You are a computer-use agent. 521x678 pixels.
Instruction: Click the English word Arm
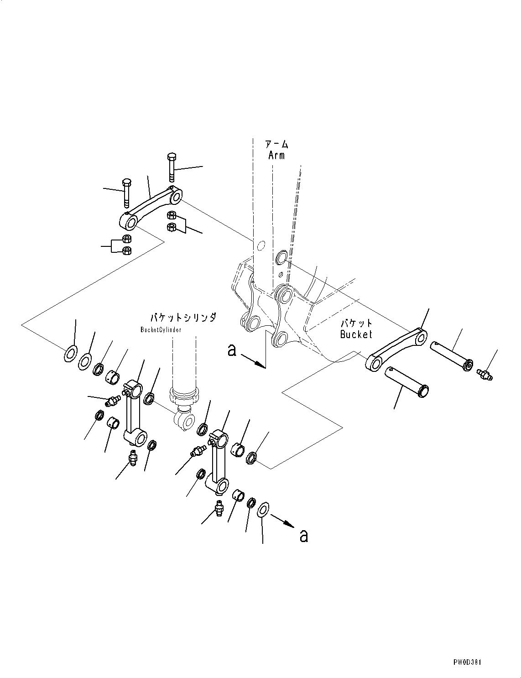coord(276,156)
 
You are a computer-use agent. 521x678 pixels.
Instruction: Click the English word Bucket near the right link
coord(356,334)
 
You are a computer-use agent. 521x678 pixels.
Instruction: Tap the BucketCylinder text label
coord(161,330)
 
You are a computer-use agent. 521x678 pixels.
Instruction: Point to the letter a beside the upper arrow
coord(231,350)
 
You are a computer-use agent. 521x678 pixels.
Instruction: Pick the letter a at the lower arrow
coord(303,536)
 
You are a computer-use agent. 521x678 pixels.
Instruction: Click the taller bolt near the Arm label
coord(172,167)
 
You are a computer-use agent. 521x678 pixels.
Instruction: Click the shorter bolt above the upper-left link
coord(127,193)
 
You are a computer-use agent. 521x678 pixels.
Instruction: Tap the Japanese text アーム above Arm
coord(277,145)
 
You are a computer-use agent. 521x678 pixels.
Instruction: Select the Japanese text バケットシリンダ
coord(183,318)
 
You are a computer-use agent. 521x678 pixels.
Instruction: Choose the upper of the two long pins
coord(452,356)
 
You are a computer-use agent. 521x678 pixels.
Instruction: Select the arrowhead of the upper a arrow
coord(260,364)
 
